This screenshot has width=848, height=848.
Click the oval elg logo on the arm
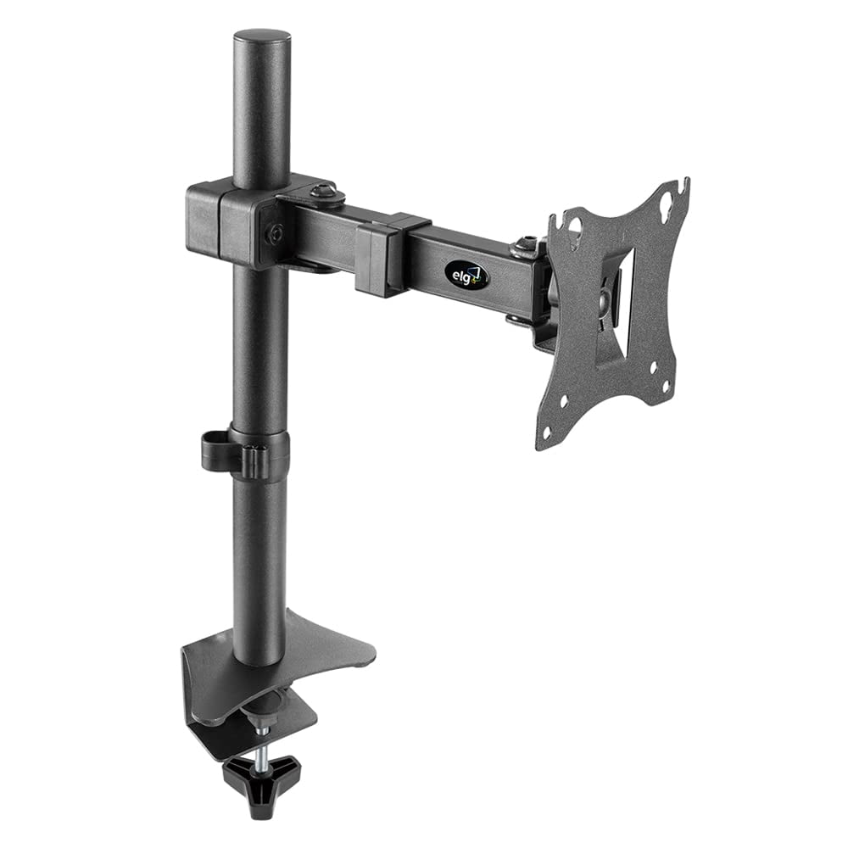pos(466,274)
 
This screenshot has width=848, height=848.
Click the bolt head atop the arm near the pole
pos(326,193)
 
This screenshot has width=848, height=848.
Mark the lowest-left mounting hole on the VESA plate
pos(545,432)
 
